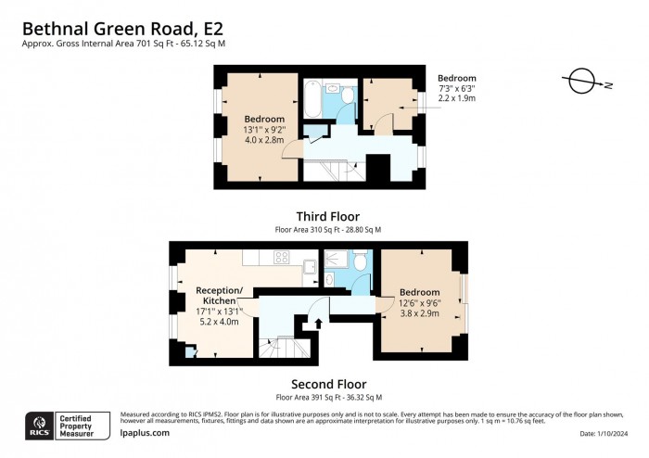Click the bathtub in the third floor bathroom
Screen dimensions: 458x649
pyautogui.click(x=312, y=100)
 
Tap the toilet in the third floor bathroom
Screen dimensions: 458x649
pyautogui.click(x=347, y=95)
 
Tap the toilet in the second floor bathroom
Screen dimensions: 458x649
pyautogui.click(x=361, y=274)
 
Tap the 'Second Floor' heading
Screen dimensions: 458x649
pyautogui.click(x=328, y=384)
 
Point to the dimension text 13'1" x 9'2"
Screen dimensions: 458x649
pyautogui.click(x=263, y=131)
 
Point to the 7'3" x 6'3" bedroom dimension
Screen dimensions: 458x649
pyautogui.click(x=457, y=90)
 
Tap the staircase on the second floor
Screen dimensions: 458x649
pyautogui.click(x=278, y=348)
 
